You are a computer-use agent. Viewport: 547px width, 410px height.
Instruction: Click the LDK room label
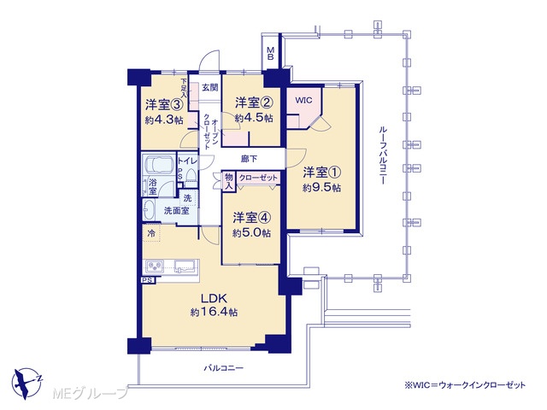pos(214,298)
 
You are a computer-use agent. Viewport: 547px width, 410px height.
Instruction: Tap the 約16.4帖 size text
pos(214,312)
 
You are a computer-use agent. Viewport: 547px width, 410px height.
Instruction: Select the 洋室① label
pos(321,173)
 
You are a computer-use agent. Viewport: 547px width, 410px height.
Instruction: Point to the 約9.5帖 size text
pos(321,188)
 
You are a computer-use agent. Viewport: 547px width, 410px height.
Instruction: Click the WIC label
pos(303,101)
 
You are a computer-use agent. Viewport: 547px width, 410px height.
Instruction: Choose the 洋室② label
pos(254,102)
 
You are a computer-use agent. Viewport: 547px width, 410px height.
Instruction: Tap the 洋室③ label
pos(164,104)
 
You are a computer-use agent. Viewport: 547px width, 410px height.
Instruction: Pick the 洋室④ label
pos(252,218)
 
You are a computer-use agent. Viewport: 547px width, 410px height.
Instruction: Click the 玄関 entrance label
pos(210,87)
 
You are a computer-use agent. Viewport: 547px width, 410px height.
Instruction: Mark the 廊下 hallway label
pos(249,159)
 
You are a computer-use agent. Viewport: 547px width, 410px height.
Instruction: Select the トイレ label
pos(187,161)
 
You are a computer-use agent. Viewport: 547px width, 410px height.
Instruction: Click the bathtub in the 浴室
pos(159,165)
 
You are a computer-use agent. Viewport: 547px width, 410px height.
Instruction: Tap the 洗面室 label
pos(177,211)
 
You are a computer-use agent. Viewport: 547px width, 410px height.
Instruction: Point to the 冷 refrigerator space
pos(151,233)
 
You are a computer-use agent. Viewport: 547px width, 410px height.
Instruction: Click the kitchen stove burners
pos(154,266)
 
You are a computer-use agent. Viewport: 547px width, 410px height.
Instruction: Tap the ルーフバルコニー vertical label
pos(383,155)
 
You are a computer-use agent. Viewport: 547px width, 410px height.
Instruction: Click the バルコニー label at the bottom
pos(224,368)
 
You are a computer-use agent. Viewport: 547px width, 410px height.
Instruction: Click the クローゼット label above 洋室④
pos(258,178)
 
